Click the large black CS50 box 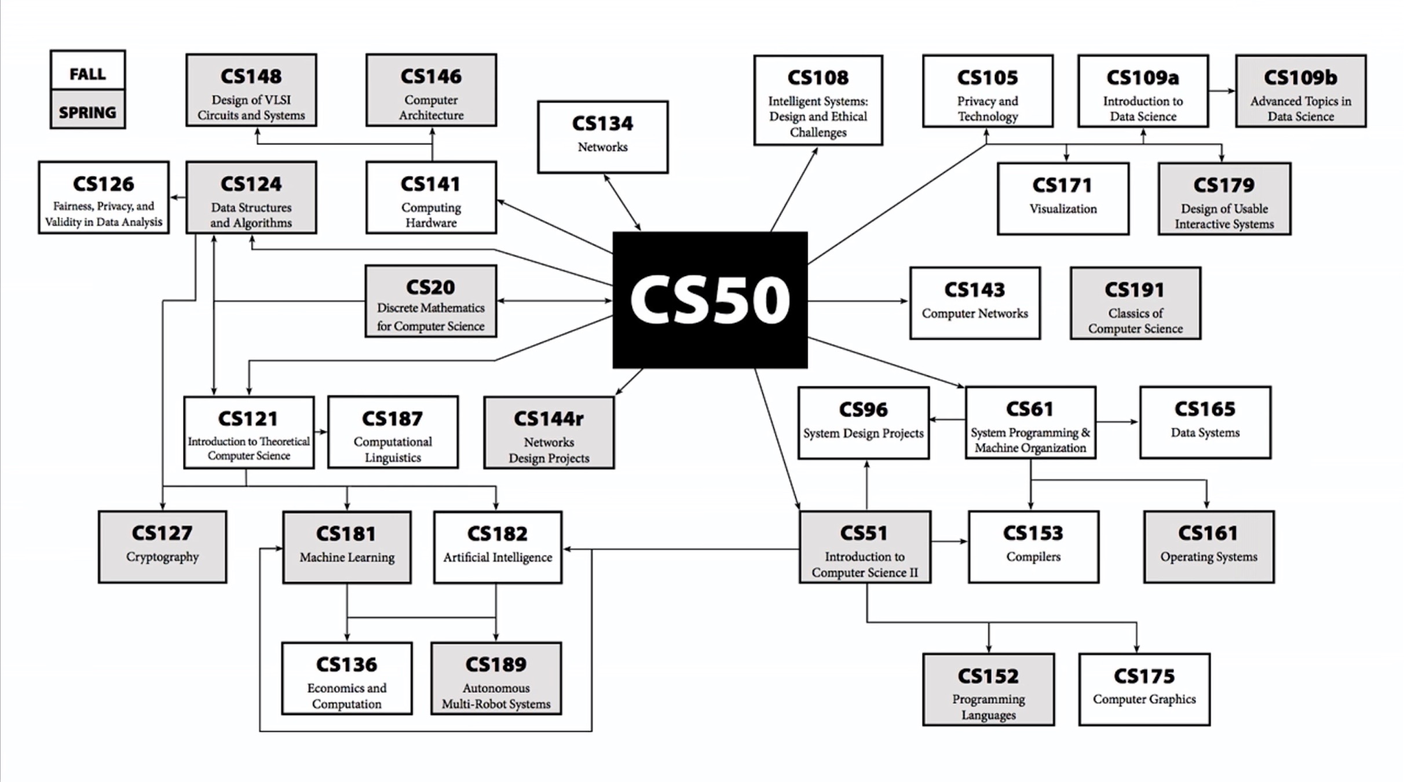point(710,300)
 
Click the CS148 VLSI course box point(251,90)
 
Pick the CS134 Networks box point(602,137)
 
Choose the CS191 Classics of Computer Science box point(1135,303)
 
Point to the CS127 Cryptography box point(162,546)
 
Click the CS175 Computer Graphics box point(1144,689)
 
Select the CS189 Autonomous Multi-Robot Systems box point(496,678)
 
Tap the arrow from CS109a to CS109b point(1222,91)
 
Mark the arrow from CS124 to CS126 point(178,198)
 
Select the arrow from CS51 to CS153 point(950,542)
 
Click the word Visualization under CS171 point(1063,209)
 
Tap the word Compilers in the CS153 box point(1033,557)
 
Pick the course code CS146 point(431,76)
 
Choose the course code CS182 point(497,533)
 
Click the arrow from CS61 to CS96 point(948,419)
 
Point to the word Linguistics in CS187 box point(393,458)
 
